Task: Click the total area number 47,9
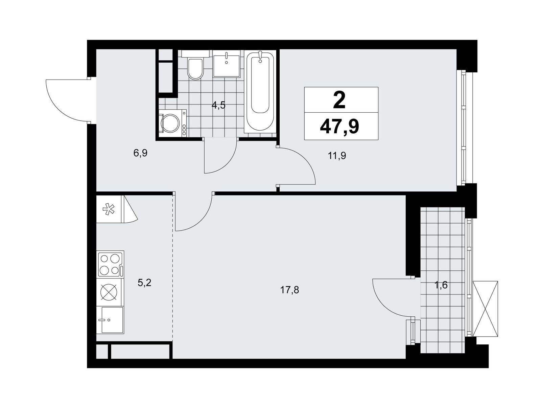click(x=339, y=127)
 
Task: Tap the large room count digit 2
click(x=339, y=99)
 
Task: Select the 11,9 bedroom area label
click(x=337, y=156)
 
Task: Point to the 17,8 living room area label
click(x=289, y=290)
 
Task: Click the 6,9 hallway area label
click(x=140, y=153)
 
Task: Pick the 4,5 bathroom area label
click(x=218, y=105)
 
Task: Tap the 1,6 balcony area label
click(x=441, y=285)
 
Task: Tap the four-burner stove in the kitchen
click(x=111, y=264)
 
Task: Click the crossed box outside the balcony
click(x=485, y=308)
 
